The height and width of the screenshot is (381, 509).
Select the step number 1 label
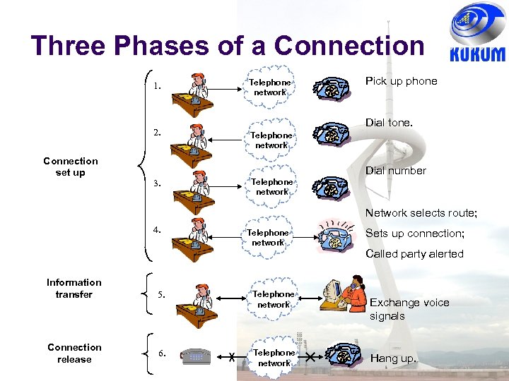157,87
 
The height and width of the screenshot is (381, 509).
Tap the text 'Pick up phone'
401,81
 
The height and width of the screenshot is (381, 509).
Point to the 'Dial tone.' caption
389,123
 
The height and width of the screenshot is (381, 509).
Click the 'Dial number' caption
396,171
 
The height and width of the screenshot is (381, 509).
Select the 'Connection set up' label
71,167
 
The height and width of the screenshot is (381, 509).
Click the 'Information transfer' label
74,288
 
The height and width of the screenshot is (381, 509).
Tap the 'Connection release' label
74,353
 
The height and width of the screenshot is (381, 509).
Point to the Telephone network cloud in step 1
269,87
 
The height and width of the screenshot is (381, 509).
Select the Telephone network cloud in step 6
274,358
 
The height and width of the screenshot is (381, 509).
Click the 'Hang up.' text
393,358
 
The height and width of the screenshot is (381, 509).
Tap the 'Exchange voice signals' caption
409,309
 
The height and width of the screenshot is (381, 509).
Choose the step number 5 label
162,295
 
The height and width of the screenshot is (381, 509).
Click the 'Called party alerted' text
414,254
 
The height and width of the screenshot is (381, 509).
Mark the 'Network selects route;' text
421,213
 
